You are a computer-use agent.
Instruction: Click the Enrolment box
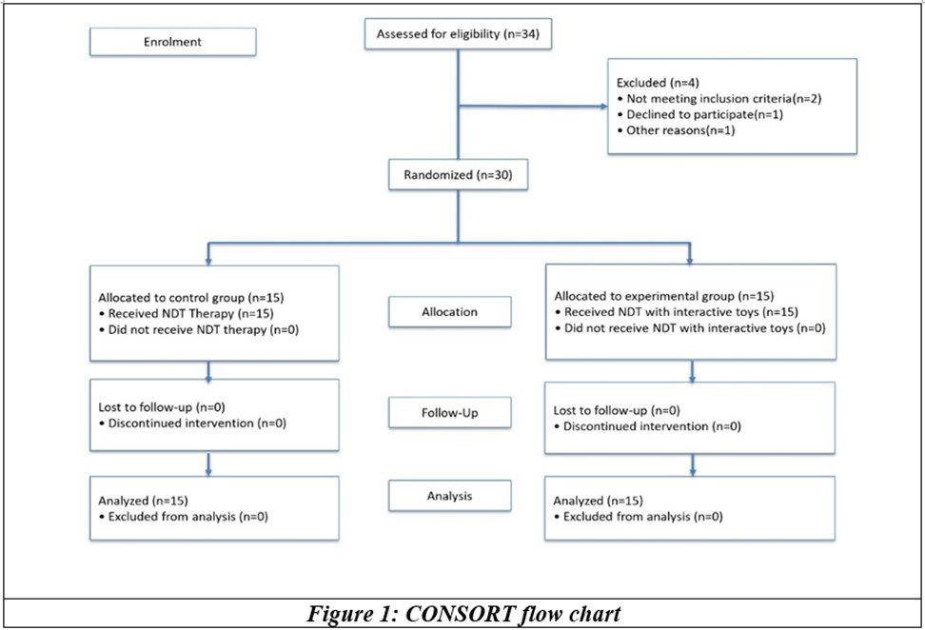coord(173,42)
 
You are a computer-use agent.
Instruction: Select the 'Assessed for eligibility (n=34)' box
coord(459,34)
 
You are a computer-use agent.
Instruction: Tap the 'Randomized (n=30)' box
coord(459,175)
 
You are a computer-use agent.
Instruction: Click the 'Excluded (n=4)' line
coord(658,83)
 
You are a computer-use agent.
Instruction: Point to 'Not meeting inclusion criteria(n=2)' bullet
coord(719,99)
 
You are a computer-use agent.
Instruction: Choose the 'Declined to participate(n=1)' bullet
coord(700,114)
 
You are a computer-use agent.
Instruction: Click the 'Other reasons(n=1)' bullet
coord(676,130)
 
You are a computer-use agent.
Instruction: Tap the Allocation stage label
coord(449,312)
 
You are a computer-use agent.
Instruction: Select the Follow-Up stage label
coord(449,413)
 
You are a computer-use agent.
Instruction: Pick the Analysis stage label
coord(449,496)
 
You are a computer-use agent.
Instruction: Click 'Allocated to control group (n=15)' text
coord(191,298)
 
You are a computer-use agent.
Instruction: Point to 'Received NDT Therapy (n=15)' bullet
coord(187,314)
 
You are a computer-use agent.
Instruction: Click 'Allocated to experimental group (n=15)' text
coord(664,296)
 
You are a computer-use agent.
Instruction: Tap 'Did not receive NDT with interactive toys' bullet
coord(690,328)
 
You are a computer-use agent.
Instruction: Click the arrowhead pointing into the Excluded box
coord(604,107)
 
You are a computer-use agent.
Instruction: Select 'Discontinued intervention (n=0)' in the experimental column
coord(648,426)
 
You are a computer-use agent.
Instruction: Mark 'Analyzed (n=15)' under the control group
coord(144,501)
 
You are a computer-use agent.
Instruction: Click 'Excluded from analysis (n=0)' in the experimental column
coord(639,517)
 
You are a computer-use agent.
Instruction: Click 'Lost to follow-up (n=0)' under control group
coord(162,407)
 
